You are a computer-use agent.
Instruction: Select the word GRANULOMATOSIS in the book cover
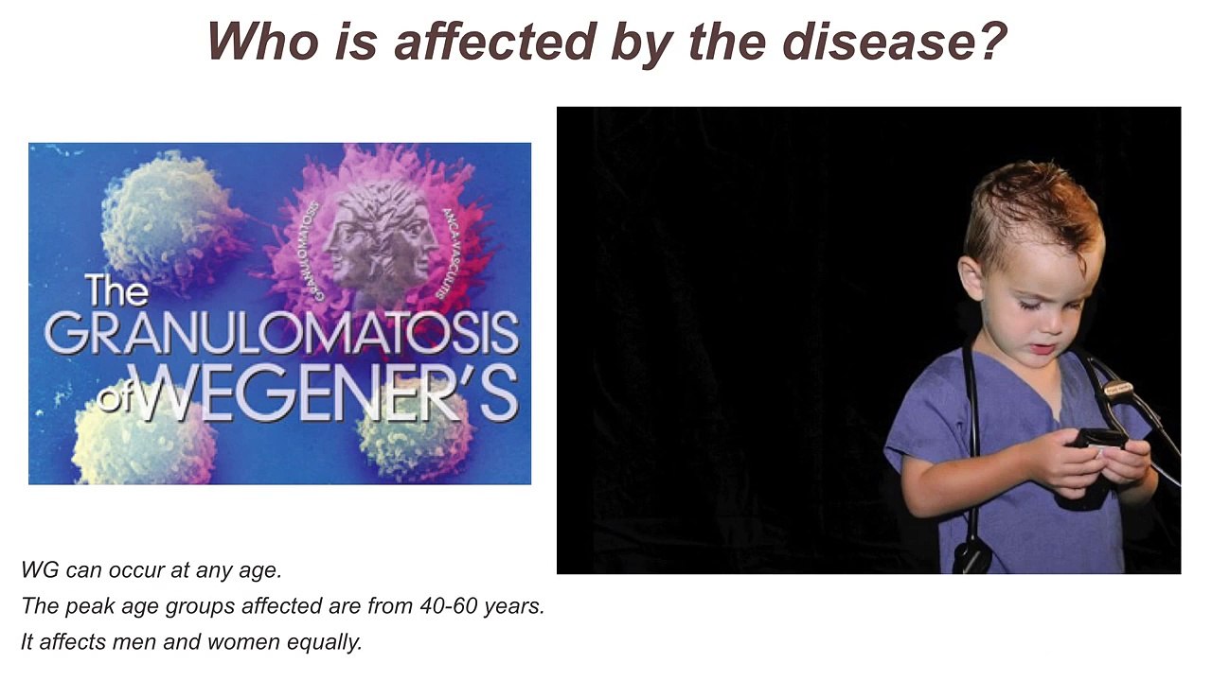[281, 334]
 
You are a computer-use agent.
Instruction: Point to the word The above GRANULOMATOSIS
[116, 288]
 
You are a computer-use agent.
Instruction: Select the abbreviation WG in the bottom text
[39, 570]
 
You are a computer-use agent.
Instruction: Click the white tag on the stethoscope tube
[1118, 388]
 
